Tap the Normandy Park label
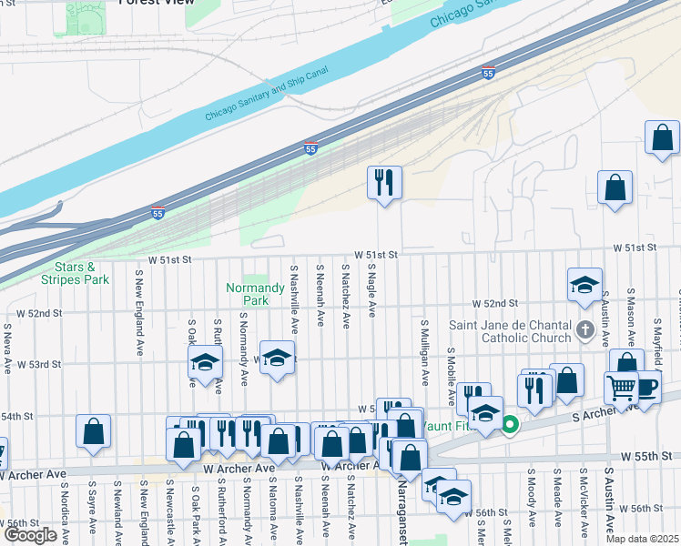248,294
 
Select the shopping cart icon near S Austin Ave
621,389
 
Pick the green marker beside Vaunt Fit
511,424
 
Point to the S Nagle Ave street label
372,291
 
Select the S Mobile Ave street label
451,375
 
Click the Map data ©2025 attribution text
641,539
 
